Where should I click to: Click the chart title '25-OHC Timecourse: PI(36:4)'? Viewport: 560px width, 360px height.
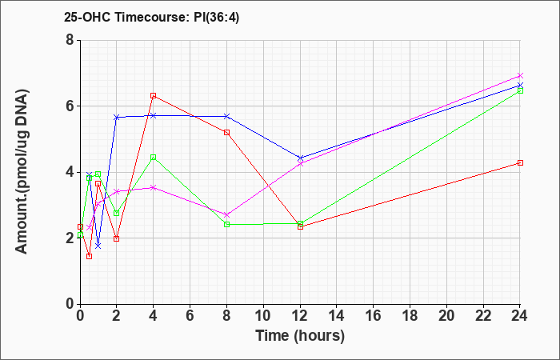pyautogui.click(x=151, y=17)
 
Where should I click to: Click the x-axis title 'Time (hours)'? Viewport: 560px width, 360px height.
pyautogui.click(x=300, y=336)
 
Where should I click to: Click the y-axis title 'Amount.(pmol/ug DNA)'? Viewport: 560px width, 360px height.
pyautogui.click(x=22, y=171)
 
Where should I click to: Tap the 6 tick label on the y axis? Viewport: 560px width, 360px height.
pyautogui.click(x=70, y=106)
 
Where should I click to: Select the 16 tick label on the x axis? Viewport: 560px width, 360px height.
pyautogui.click(x=374, y=316)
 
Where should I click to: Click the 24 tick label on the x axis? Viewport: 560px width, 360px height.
pyautogui.click(x=520, y=316)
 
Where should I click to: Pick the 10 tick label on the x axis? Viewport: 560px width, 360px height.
pyautogui.click(x=263, y=316)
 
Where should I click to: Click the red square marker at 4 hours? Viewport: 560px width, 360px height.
pyautogui.click(x=154, y=96)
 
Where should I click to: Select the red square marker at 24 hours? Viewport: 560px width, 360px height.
pyautogui.click(x=520, y=163)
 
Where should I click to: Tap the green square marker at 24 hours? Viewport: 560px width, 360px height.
pyautogui.click(x=520, y=90)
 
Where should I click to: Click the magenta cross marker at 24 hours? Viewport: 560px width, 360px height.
pyautogui.click(x=520, y=76)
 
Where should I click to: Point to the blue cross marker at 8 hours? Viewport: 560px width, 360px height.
pyautogui.click(x=226, y=117)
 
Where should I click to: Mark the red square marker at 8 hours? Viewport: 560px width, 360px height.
pyautogui.click(x=226, y=133)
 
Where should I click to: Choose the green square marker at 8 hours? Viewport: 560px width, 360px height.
pyautogui.click(x=226, y=224)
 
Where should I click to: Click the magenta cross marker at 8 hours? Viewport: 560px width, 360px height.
pyautogui.click(x=226, y=214)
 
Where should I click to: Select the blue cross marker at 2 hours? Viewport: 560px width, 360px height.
pyautogui.click(x=117, y=117)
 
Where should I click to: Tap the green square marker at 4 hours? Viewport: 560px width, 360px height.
pyautogui.click(x=154, y=157)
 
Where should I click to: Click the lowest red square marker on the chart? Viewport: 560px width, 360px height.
pyautogui.click(x=90, y=257)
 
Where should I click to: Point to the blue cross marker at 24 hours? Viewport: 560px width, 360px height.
pyautogui.click(x=520, y=86)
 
